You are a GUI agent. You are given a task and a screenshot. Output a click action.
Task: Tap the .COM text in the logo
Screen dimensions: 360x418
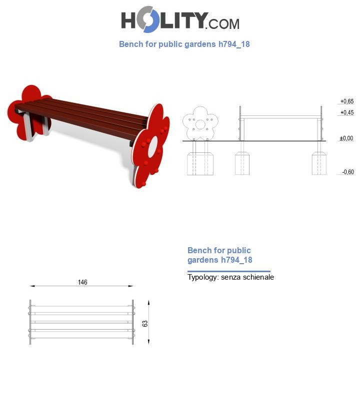tap(222, 24)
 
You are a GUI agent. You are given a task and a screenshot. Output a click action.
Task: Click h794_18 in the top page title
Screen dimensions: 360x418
tap(234, 44)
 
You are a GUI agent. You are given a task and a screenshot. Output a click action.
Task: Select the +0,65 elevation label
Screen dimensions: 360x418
tap(347, 101)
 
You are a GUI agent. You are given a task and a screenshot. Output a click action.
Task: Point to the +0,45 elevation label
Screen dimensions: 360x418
tap(347, 112)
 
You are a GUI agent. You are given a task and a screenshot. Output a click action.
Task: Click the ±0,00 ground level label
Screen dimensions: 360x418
tap(346, 138)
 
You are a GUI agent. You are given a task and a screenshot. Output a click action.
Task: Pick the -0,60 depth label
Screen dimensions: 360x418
tap(348, 172)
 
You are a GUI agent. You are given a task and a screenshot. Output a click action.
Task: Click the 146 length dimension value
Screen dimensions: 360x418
tap(82, 282)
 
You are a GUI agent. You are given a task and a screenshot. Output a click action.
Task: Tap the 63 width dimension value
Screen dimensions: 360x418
tap(145, 324)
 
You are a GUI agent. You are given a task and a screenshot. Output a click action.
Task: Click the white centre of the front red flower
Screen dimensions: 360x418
tap(153, 146)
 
